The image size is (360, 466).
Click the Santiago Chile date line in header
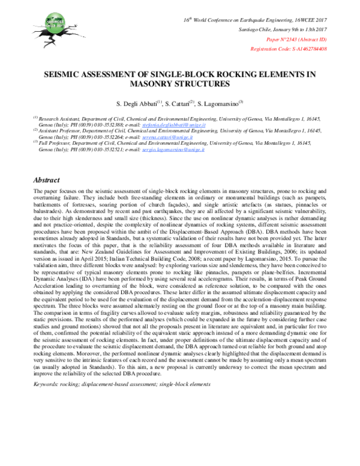[284, 29]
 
